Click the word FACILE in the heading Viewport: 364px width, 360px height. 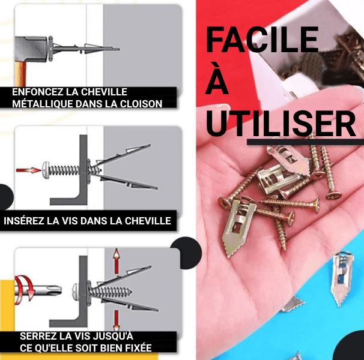point(262,40)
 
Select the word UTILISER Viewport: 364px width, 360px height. point(281,124)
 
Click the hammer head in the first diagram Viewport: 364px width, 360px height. point(32,49)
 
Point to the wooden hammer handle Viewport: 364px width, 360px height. point(22,74)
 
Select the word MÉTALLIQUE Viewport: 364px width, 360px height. point(43,104)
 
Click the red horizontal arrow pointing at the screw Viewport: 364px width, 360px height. point(28,170)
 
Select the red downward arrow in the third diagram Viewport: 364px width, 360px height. point(117,320)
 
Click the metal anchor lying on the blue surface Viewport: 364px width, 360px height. point(341,278)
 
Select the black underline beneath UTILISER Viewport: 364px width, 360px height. point(305,142)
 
